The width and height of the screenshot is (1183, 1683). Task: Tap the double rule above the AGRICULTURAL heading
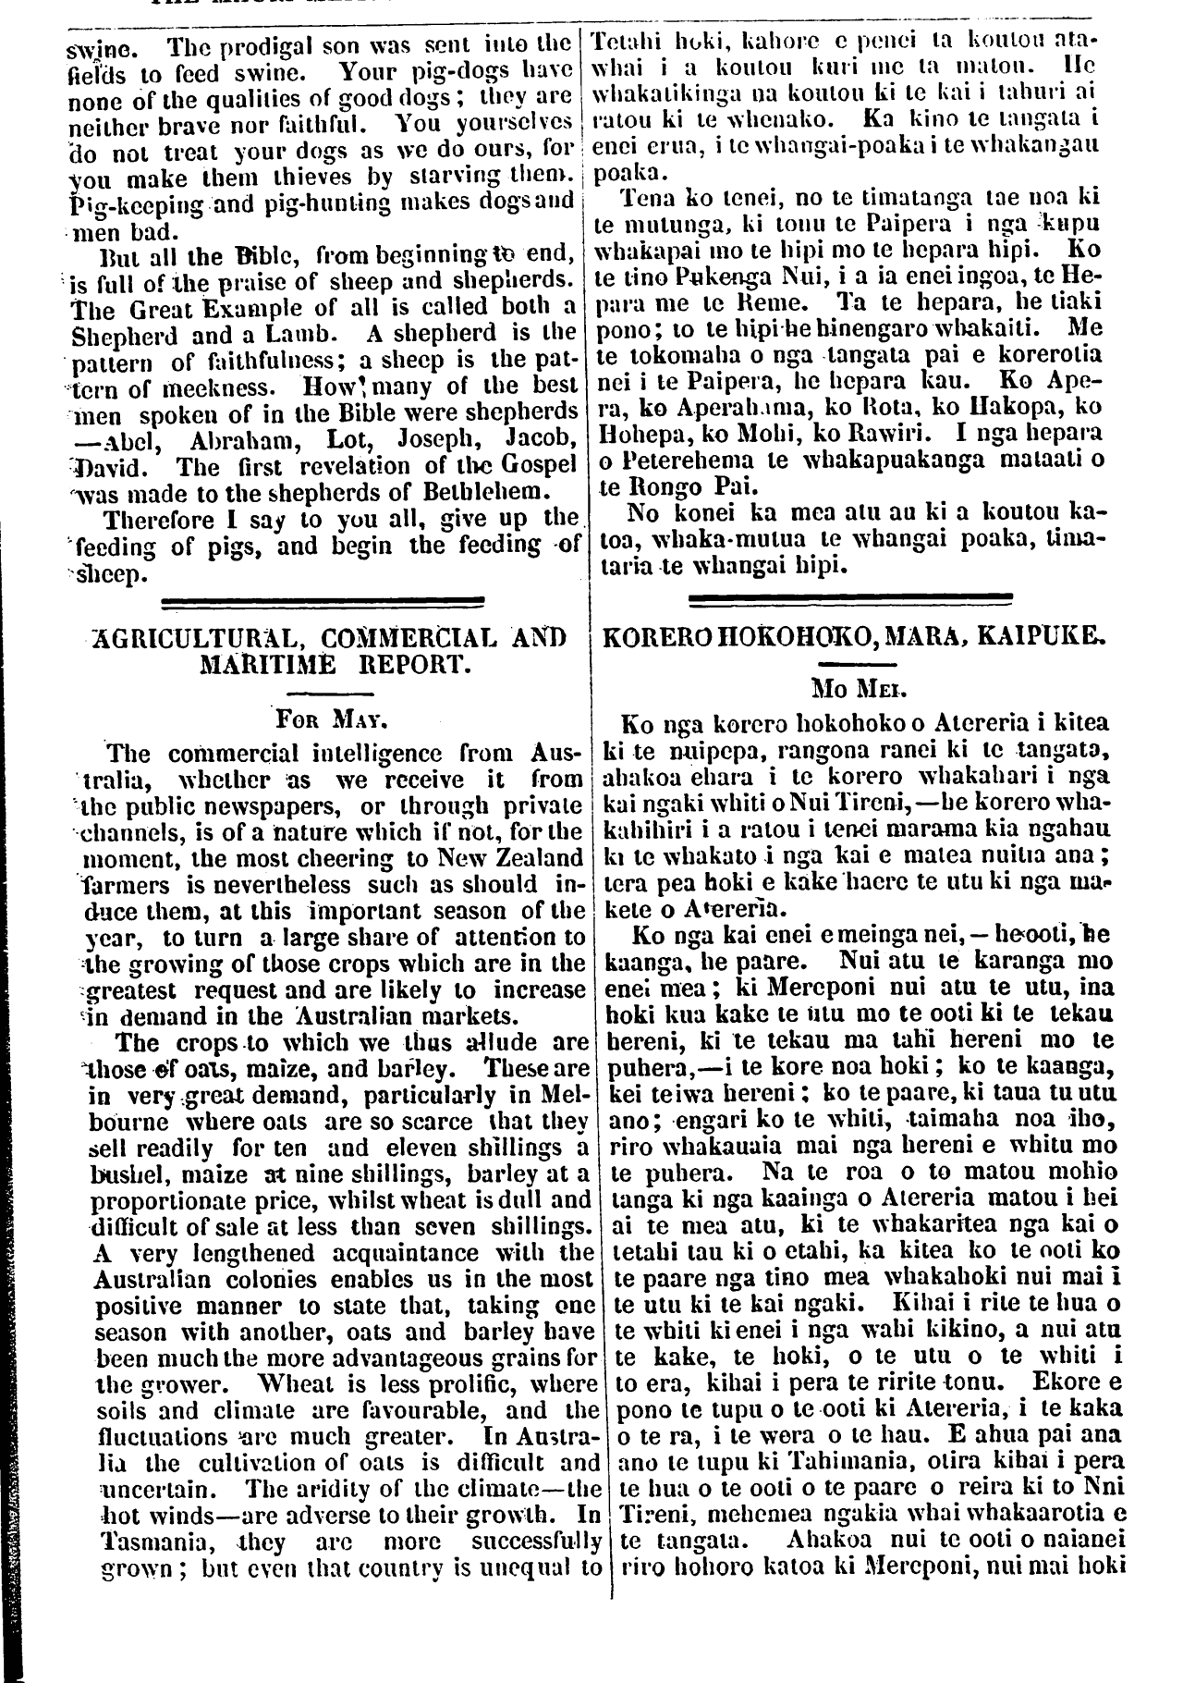coord(323,603)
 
